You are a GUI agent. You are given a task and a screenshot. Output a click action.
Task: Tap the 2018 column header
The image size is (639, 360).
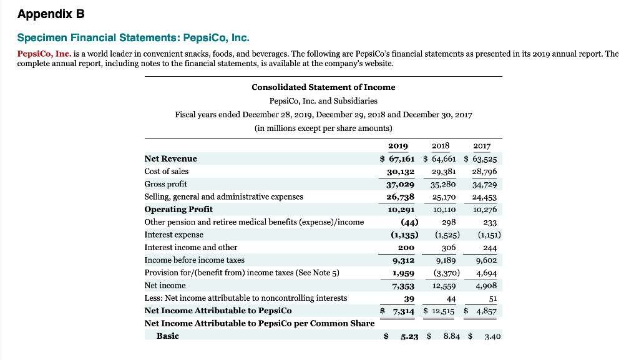point(441,146)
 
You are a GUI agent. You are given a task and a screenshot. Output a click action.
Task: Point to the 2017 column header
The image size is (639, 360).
point(482,146)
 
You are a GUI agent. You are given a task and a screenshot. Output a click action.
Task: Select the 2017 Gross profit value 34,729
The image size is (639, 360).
point(485,184)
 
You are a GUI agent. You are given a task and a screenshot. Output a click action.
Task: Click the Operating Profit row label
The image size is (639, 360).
point(178,209)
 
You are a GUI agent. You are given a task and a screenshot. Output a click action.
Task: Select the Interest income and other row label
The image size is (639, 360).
point(191,247)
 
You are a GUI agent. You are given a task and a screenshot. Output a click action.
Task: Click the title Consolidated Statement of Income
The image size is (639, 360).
point(323,87)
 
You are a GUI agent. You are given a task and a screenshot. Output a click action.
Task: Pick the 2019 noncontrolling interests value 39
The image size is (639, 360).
point(409,298)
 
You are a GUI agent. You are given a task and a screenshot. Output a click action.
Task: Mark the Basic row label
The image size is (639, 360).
point(167,336)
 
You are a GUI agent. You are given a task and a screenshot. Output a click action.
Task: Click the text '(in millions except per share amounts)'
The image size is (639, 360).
point(323,128)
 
